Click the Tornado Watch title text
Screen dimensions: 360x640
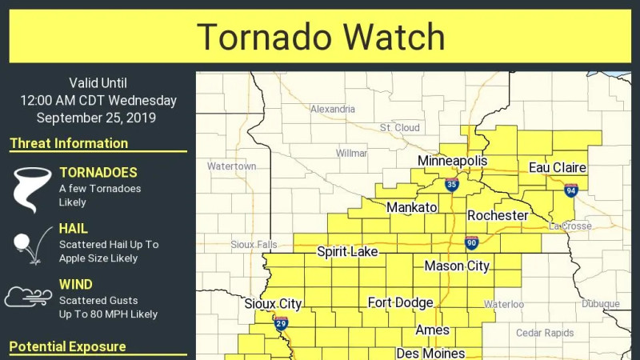(x=320, y=38)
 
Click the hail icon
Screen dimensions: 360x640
(x=28, y=244)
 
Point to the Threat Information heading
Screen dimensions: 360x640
(x=69, y=144)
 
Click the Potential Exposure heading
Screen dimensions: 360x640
(x=67, y=347)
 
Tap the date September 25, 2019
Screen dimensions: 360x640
(x=97, y=118)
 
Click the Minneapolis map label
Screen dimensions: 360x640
(x=452, y=162)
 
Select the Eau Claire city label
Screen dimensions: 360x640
(x=558, y=168)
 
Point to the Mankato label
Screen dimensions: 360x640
(x=411, y=208)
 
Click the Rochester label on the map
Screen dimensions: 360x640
(x=498, y=216)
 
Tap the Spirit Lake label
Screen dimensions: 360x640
(x=347, y=252)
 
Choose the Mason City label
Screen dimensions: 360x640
(x=456, y=266)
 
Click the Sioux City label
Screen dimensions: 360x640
(x=273, y=304)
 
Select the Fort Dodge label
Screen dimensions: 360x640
(x=400, y=303)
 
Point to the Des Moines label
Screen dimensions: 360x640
(x=430, y=353)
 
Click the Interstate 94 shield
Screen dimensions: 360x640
(x=570, y=190)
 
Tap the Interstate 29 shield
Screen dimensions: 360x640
(x=281, y=323)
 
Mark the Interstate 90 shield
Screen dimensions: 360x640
(x=472, y=242)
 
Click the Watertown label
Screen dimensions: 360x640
(x=231, y=166)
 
